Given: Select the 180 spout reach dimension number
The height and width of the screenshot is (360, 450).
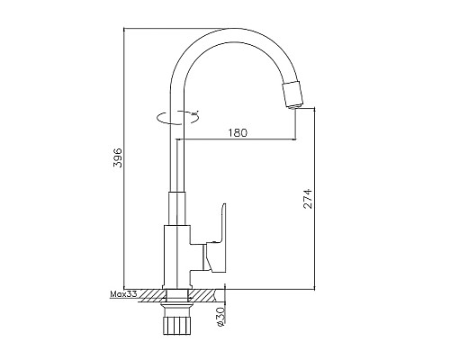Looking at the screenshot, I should (238, 132).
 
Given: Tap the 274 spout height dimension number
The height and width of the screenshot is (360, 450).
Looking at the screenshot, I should (306, 200).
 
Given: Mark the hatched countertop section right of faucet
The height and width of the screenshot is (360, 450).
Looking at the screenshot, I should (207, 295).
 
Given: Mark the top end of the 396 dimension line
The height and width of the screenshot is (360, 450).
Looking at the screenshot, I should (124, 28).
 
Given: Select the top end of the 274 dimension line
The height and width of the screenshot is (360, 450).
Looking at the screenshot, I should (314, 109).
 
